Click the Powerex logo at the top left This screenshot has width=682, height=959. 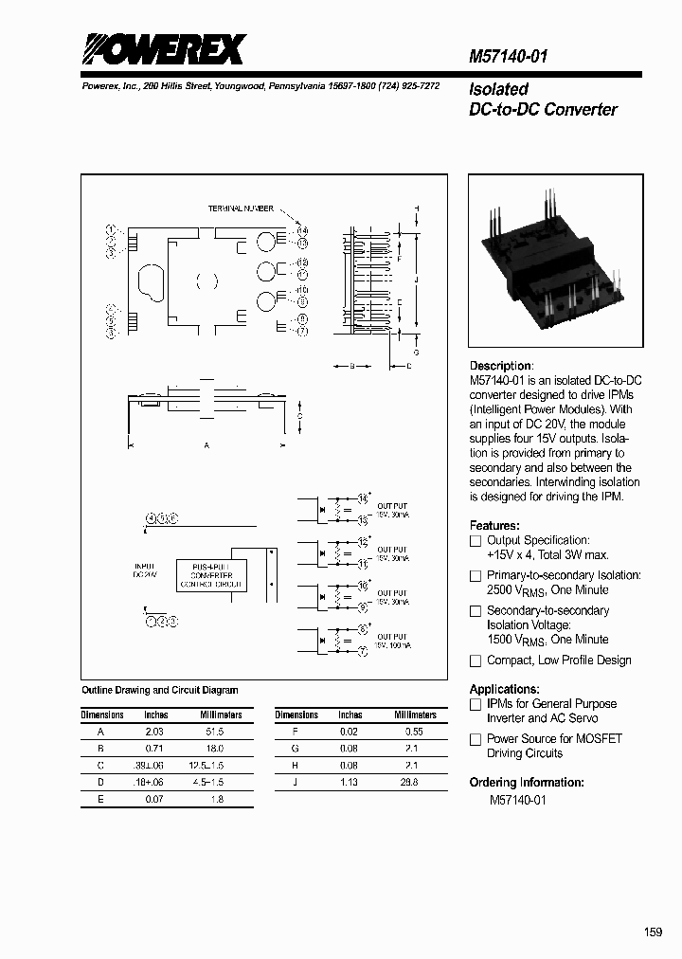[x=166, y=50]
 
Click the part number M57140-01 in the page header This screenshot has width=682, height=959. [x=509, y=57]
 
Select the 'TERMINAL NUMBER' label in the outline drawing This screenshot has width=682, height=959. [x=241, y=208]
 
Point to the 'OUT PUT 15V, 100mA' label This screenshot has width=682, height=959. [x=393, y=641]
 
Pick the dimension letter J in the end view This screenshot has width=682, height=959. [x=417, y=281]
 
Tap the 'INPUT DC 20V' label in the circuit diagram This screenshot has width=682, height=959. [x=144, y=570]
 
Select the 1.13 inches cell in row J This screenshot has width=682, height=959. [x=350, y=782]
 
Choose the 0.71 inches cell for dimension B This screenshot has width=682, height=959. [x=155, y=749]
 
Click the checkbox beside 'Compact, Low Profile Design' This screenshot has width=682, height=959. [x=476, y=661]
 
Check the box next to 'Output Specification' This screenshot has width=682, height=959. [x=476, y=540]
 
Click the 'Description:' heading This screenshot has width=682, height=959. [x=501, y=366]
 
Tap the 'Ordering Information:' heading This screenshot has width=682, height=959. [x=527, y=783]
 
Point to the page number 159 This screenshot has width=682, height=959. [x=653, y=932]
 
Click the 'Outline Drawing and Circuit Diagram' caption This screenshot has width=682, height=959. [x=160, y=691]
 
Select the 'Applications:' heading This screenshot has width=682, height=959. [x=505, y=689]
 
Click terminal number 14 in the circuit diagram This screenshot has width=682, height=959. [x=363, y=498]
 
